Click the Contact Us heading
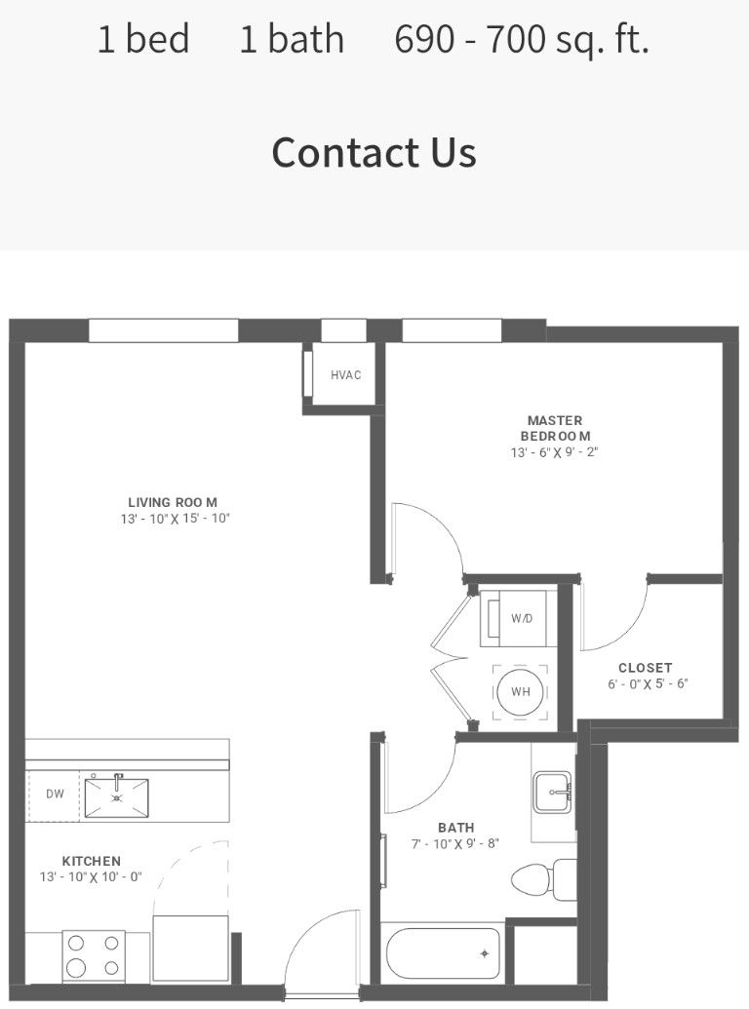pyautogui.click(x=374, y=152)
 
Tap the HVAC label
pyautogui.click(x=345, y=375)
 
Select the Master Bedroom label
pyautogui.click(x=555, y=428)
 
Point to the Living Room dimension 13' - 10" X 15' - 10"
pyautogui.click(x=175, y=519)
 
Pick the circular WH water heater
pyautogui.click(x=521, y=692)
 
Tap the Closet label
pyautogui.click(x=646, y=668)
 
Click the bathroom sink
pyautogui.click(x=552, y=792)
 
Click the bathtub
pyautogui.click(x=444, y=954)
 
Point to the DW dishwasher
pyautogui.click(x=54, y=795)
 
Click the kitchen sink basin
pyautogui.click(x=116, y=797)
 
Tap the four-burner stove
pyautogui.click(x=94, y=955)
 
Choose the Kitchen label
pyautogui.click(x=92, y=861)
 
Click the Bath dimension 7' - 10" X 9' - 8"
pyautogui.click(x=455, y=843)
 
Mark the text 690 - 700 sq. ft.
pyautogui.click(x=522, y=40)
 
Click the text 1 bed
pyautogui.click(x=143, y=39)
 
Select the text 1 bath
pyautogui.click(x=292, y=39)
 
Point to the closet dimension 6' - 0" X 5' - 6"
pyautogui.click(x=648, y=684)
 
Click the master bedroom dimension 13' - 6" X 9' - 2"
pyautogui.click(x=555, y=452)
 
